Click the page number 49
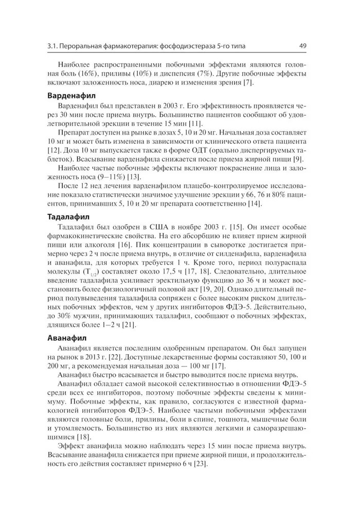(302, 46)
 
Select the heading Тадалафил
(68, 216)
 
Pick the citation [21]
(128, 325)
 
